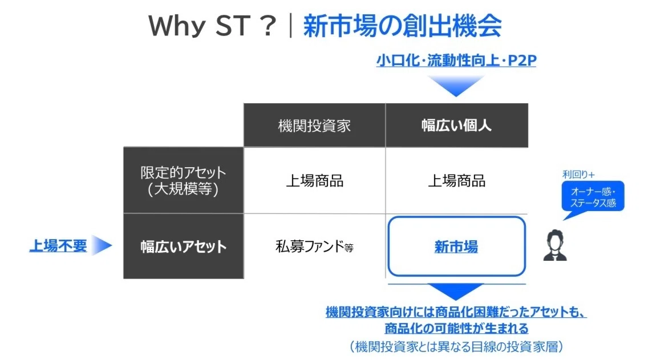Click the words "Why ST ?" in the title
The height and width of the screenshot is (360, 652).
[x=212, y=25]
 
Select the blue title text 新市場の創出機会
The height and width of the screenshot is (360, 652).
[x=403, y=26]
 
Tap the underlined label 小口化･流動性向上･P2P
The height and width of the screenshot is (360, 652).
[x=456, y=60]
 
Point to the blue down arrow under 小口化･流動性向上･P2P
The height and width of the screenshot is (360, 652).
[x=456, y=86]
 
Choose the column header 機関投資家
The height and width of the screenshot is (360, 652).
[x=314, y=126]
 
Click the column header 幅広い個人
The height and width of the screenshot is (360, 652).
[x=456, y=126]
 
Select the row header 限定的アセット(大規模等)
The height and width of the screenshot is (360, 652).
[x=183, y=180]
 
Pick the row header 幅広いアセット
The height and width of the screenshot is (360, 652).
[x=183, y=246]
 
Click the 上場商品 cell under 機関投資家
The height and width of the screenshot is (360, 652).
[x=315, y=181]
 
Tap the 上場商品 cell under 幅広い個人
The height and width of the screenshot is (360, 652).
[x=456, y=181]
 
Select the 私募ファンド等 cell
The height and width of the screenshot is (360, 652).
[x=314, y=246]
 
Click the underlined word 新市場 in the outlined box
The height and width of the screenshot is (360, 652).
[x=456, y=247]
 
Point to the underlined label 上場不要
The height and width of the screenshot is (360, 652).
[x=58, y=246]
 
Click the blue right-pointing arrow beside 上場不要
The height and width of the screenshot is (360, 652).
[x=102, y=245]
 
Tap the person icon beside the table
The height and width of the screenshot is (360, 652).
[x=555, y=245]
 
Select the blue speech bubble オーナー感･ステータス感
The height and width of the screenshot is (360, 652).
[x=593, y=197]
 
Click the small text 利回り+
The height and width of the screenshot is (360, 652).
[x=578, y=175]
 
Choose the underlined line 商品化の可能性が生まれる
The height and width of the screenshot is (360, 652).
[x=456, y=329]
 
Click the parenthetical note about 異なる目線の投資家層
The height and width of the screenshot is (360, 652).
[x=456, y=346]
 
